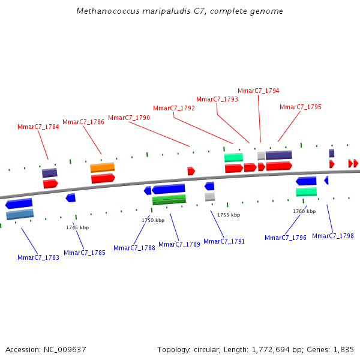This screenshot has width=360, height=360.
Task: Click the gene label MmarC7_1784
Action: (38, 127)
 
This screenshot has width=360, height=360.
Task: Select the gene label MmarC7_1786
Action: (83, 122)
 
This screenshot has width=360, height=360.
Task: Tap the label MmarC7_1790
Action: (129, 118)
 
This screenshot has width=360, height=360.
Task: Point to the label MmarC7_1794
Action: (259, 91)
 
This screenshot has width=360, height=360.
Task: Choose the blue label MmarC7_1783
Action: (38, 257)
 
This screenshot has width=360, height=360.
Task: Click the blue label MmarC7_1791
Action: (224, 241)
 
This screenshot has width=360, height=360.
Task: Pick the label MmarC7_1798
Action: (333, 236)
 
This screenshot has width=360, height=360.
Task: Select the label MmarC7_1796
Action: (286, 238)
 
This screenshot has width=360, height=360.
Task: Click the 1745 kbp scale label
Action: (77, 227)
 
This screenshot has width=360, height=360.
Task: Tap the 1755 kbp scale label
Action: (229, 215)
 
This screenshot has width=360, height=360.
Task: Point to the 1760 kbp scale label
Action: (304, 211)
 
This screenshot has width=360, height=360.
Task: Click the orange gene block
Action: (103, 167)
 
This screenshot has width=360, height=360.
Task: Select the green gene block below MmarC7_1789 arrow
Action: (169, 199)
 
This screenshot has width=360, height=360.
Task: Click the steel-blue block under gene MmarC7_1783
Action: (20, 214)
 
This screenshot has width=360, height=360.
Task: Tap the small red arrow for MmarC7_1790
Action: (191, 171)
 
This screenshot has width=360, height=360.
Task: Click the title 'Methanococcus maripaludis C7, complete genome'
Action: (180, 11)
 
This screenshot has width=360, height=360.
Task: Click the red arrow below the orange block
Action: (103, 178)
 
